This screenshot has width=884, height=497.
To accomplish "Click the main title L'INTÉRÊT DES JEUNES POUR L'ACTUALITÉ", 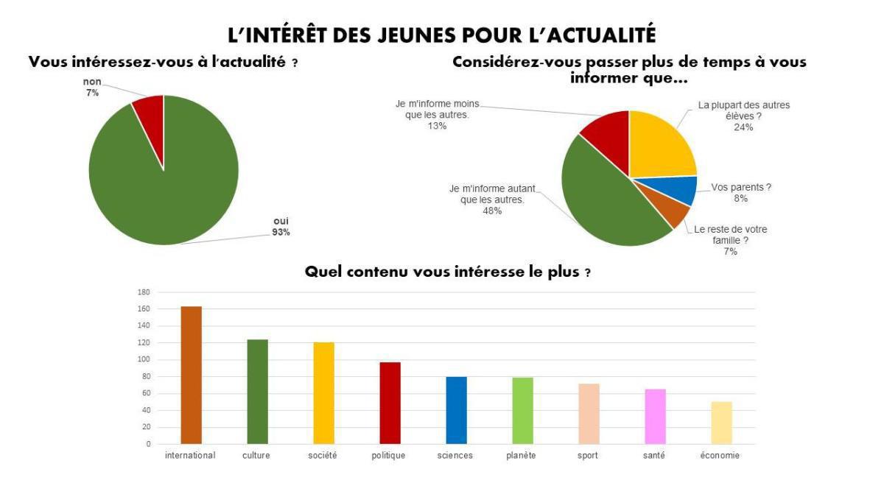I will point(442,34).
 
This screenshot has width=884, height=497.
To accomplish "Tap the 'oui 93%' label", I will point(281,226).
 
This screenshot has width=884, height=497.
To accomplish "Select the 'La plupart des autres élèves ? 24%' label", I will point(743,116).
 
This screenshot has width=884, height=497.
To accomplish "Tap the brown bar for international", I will point(191,375).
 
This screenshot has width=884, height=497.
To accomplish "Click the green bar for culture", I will point(257,391).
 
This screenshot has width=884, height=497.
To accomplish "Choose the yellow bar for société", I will point(323,392).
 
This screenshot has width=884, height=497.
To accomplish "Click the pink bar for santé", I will point(655,416).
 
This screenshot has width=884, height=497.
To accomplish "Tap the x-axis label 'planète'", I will point(521,456).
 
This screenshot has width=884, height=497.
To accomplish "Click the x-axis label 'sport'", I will point(588,456).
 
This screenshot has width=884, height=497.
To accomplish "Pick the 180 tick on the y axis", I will point(144,292).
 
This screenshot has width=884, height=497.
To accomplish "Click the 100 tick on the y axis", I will point(144,360).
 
